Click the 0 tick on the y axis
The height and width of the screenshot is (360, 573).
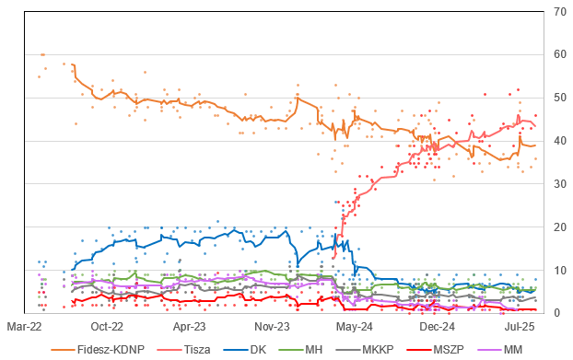tap(556, 313)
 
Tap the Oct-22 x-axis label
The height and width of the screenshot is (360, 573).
tap(107, 326)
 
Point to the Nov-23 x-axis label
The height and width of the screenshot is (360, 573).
tap(272, 326)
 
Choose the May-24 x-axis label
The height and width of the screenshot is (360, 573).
tap(354, 326)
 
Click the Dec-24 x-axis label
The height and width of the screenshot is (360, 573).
tap(437, 326)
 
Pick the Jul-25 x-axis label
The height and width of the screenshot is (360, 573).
tap(519, 326)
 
